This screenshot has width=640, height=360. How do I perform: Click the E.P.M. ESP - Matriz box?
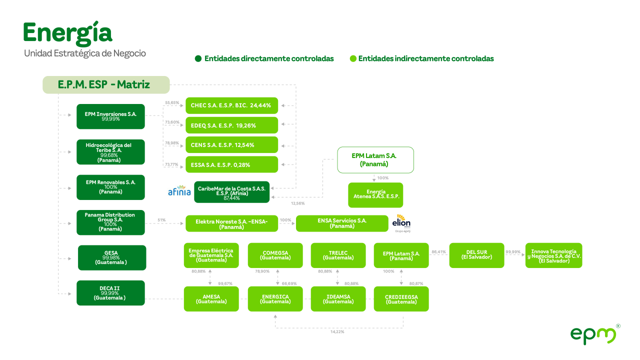(106, 85)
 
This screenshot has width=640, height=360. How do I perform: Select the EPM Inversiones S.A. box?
(110, 116)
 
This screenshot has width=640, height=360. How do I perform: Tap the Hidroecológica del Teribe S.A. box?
(110, 152)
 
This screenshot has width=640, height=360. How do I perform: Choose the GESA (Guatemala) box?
(112, 257)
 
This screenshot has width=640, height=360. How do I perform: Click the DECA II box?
(110, 293)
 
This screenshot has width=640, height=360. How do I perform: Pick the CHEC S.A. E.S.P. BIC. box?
(231, 105)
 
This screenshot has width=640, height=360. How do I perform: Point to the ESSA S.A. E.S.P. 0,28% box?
(231, 164)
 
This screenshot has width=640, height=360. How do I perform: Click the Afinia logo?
(179, 190)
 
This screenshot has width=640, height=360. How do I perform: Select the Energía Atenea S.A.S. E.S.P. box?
(375, 194)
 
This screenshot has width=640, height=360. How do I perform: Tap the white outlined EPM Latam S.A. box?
(375, 160)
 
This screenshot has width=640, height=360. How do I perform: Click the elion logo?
(401, 223)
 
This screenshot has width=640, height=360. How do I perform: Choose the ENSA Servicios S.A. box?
(342, 223)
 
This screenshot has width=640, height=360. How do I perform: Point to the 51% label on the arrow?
(161, 220)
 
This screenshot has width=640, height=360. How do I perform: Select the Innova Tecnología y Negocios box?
(553, 255)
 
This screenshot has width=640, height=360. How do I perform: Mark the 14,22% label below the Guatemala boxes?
(337, 331)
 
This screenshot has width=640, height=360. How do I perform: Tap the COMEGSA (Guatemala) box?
(275, 255)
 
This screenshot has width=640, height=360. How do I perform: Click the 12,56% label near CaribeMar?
(297, 203)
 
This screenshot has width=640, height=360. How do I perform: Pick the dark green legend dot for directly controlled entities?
(198, 58)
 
